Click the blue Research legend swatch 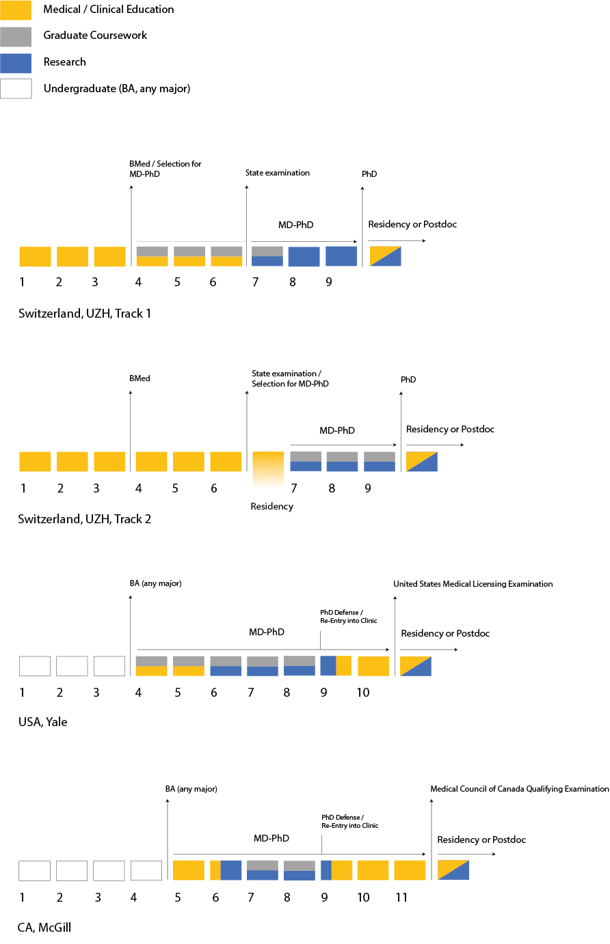click(x=16, y=63)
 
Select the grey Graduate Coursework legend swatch click(x=16, y=37)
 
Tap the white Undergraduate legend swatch click(x=16, y=89)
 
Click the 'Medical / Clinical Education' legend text click(x=109, y=10)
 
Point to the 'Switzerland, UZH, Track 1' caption click(x=85, y=314)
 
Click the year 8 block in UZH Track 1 click(x=304, y=256)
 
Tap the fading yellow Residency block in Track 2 click(x=268, y=469)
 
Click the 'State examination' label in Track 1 click(x=278, y=173)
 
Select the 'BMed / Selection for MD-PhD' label click(x=165, y=169)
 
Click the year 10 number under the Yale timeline click(x=363, y=693)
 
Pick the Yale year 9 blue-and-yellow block click(x=336, y=666)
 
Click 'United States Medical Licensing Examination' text click(x=473, y=584)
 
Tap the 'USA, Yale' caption click(x=43, y=722)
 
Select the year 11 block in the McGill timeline click(x=410, y=870)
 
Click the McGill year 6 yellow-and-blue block click(x=226, y=870)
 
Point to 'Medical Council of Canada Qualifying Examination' click(x=520, y=789)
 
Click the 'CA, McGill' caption click(x=44, y=928)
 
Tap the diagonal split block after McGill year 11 click(x=453, y=870)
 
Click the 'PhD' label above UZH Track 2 click(x=408, y=380)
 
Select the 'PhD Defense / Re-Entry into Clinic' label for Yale click(x=349, y=617)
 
